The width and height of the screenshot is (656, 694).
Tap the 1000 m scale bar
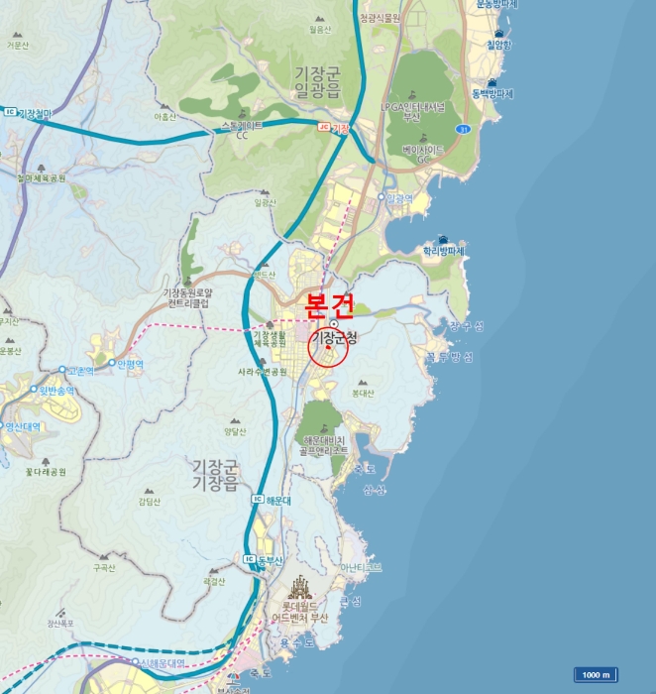point(596,674)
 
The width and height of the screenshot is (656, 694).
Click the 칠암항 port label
point(496,45)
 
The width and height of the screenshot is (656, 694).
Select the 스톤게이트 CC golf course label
point(242,130)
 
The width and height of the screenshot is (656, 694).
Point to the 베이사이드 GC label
point(423,154)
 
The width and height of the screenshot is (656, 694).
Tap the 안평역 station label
point(130,364)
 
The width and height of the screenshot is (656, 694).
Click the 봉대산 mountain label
point(363,394)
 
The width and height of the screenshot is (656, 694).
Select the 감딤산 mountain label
point(149,504)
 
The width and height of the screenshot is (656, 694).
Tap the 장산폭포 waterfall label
point(60,624)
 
